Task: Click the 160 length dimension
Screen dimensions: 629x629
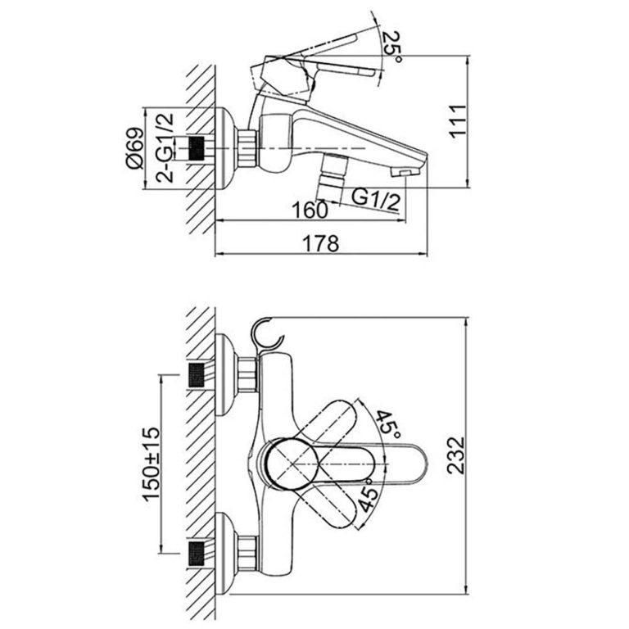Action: tap(309, 209)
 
